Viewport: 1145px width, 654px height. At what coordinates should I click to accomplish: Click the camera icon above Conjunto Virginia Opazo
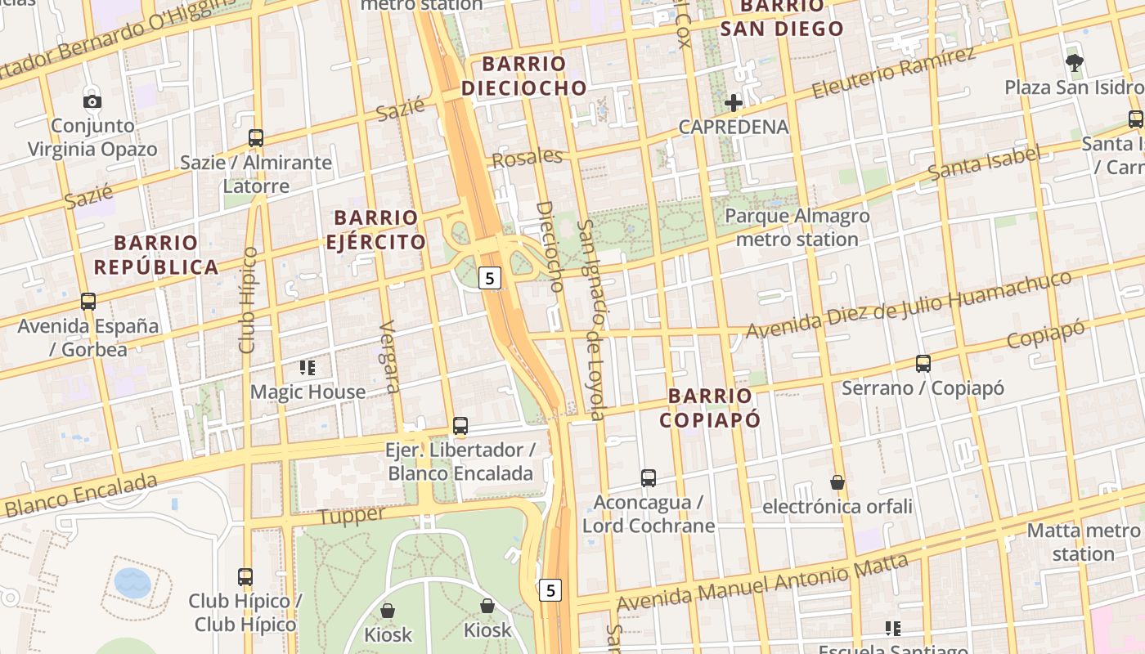click(x=92, y=101)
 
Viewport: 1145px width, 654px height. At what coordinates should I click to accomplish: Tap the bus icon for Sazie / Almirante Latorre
click(x=256, y=138)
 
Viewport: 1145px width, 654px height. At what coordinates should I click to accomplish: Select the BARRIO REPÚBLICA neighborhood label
click(x=155, y=255)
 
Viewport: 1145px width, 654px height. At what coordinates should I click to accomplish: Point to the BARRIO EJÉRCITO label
click(x=376, y=230)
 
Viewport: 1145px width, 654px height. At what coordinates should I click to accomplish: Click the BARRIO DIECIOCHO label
click(x=523, y=76)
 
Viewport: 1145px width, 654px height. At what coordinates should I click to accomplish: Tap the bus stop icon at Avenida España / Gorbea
click(x=88, y=301)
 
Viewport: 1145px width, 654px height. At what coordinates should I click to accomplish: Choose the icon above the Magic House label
click(x=308, y=368)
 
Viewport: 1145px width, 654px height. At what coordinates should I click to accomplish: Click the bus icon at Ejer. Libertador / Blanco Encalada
click(x=460, y=426)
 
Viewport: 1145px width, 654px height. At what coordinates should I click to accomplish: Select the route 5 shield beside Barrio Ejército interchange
click(x=489, y=279)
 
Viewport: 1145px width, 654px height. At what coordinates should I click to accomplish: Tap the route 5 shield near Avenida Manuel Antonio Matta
click(x=551, y=590)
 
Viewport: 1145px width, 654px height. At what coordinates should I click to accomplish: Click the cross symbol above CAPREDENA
click(x=734, y=103)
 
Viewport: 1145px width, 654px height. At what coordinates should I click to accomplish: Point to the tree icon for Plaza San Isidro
click(x=1074, y=62)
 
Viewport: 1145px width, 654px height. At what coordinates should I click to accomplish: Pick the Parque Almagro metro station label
click(x=797, y=228)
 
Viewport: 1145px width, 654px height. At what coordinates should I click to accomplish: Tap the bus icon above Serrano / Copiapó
click(x=923, y=364)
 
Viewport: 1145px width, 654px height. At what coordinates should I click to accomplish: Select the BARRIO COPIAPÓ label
click(x=709, y=408)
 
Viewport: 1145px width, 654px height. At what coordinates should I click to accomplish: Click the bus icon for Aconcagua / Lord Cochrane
click(x=649, y=477)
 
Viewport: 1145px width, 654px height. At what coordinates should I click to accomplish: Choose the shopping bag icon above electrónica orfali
click(x=837, y=482)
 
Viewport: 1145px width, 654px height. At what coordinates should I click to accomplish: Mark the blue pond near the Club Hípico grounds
click(x=132, y=583)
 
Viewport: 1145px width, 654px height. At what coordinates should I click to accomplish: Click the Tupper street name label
click(x=351, y=516)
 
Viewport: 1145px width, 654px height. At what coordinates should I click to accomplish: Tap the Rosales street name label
click(x=528, y=157)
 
